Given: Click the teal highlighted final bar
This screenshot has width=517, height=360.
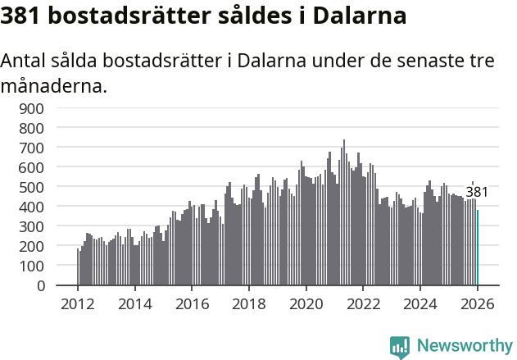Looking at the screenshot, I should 478,248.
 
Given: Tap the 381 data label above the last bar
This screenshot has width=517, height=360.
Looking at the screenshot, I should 477,193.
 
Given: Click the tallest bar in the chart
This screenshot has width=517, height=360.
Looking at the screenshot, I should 344,213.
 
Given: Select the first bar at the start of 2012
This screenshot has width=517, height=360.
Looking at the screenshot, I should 78,267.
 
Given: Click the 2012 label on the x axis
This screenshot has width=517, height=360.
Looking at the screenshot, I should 78,303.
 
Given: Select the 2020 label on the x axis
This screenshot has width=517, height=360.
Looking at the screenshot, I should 306,303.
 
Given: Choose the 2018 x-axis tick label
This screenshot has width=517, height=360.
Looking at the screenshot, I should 248,303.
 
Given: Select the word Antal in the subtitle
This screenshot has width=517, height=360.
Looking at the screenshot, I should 25,62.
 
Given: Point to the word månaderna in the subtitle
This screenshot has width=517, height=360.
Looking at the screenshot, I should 54,85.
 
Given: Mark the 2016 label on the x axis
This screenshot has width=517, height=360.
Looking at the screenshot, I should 192,303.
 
